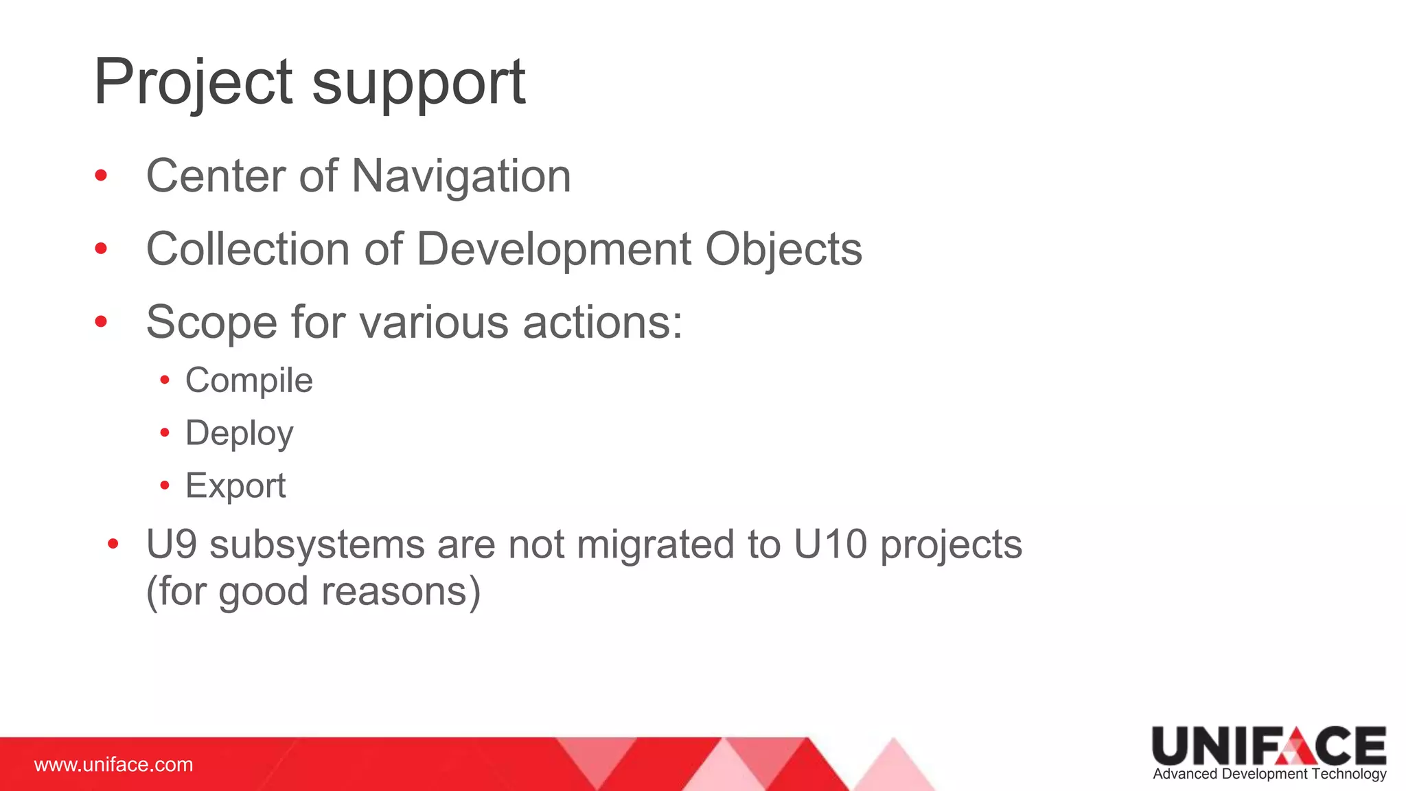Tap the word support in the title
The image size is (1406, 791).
point(419,84)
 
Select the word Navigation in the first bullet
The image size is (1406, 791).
point(461,176)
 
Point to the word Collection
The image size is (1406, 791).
point(248,249)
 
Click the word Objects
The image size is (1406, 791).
point(783,250)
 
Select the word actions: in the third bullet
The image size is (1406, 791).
point(602,323)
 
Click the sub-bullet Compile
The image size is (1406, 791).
point(249,381)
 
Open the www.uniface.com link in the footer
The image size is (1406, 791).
point(114,765)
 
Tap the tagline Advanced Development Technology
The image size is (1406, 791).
point(1269,775)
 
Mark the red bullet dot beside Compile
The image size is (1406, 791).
point(165,380)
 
